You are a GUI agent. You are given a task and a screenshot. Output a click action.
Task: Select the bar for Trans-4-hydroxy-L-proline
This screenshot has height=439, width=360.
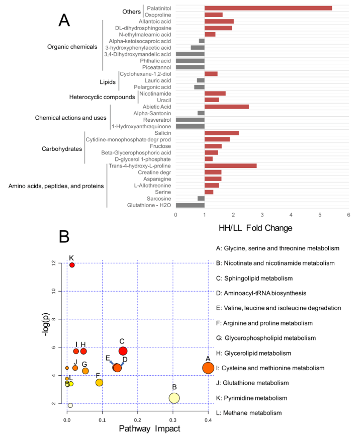point(230,165)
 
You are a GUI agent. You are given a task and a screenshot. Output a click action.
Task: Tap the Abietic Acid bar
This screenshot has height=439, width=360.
point(226,107)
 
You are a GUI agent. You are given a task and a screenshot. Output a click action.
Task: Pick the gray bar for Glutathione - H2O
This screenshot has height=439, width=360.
point(190,205)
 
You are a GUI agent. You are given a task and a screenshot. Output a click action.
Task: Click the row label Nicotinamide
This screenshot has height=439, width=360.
point(155,94)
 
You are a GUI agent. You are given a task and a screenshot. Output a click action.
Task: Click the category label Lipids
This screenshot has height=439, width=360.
point(107,80)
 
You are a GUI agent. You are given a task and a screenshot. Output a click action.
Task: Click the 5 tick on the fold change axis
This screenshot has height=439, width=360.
point(320,215)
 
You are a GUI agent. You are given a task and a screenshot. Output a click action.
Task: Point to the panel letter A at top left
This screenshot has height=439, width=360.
point(64,20)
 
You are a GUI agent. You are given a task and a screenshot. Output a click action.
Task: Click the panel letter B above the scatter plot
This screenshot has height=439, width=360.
point(64,236)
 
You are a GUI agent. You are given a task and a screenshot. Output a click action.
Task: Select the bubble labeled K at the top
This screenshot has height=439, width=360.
point(72,265)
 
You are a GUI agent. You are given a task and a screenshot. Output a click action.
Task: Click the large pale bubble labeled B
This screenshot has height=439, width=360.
point(174,398)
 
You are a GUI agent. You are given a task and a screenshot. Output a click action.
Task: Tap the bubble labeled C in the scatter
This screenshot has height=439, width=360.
point(123,351)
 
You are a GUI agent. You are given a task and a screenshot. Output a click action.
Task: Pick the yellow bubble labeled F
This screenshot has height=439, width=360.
point(99,383)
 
